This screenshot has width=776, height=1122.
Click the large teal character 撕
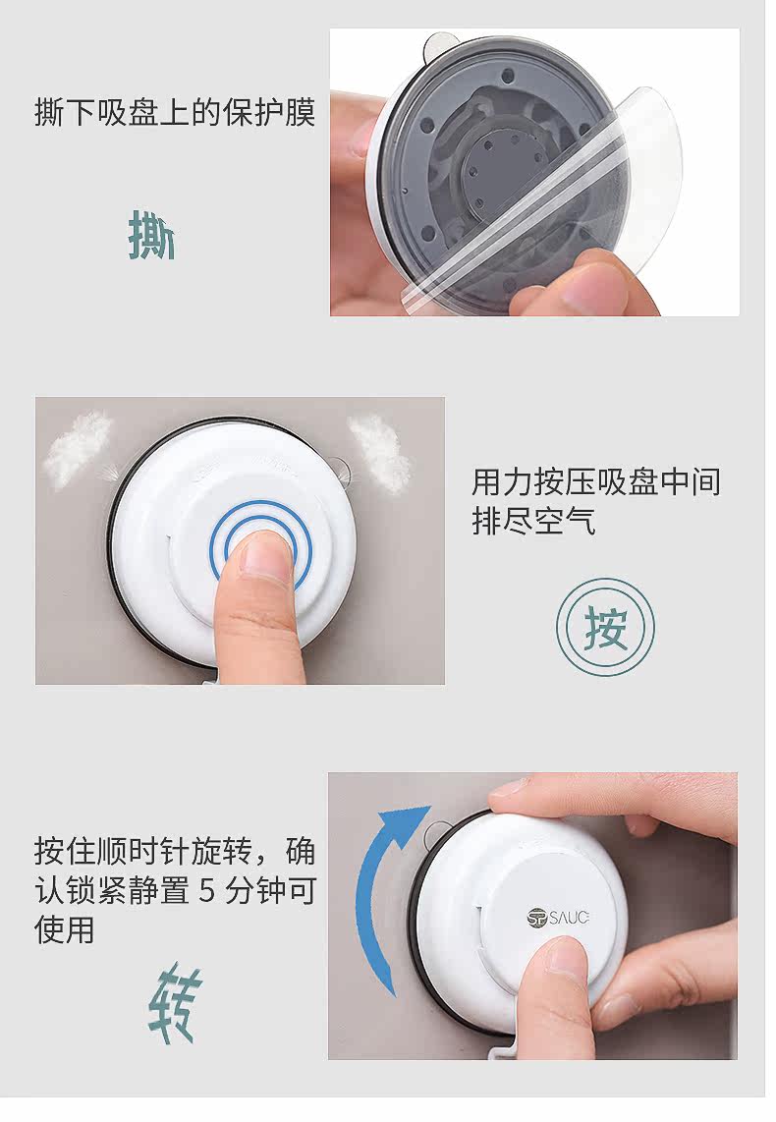(151, 234)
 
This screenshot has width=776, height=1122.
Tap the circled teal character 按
(606, 628)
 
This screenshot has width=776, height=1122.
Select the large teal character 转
(175, 1001)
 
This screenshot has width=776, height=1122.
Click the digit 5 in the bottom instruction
(207, 891)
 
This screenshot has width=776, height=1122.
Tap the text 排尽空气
(533, 520)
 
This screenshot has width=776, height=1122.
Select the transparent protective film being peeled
(543, 207)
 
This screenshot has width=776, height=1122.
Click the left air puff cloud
(77, 449)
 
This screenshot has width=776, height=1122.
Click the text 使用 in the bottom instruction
(65, 930)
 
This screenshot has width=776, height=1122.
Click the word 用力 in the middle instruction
(502, 481)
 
